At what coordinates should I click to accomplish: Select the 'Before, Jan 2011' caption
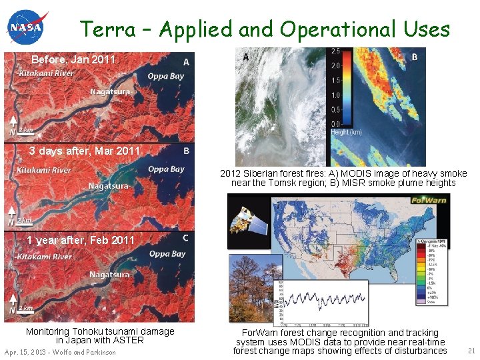pyautogui.click(x=73, y=60)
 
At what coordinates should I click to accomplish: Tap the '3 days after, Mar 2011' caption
pyautogui.click(x=85, y=151)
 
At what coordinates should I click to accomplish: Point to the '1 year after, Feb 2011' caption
pyautogui.click(x=81, y=240)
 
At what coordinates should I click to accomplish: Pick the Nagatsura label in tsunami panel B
pyautogui.click(x=109, y=185)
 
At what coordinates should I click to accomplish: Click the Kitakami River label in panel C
pyautogui.click(x=44, y=257)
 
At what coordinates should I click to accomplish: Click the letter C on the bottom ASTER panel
pyautogui.click(x=185, y=238)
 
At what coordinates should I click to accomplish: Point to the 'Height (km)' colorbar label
pyautogui.click(x=347, y=132)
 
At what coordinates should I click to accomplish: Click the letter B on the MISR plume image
pyautogui.click(x=414, y=57)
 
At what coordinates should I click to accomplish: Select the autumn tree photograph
pyautogui.click(x=251, y=287)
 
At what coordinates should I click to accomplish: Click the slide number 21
pyautogui.click(x=471, y=351)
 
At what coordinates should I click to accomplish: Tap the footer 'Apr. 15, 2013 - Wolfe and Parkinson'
pyautogui.click(x=60, y=352)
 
